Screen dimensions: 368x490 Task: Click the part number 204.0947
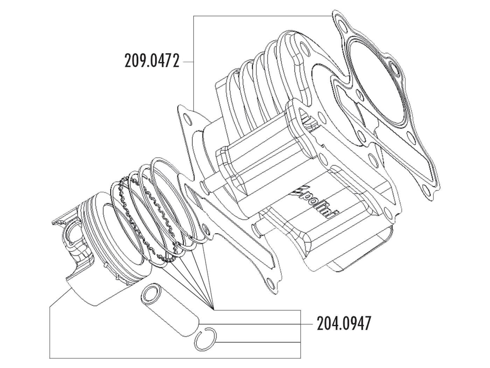(343, 324)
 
